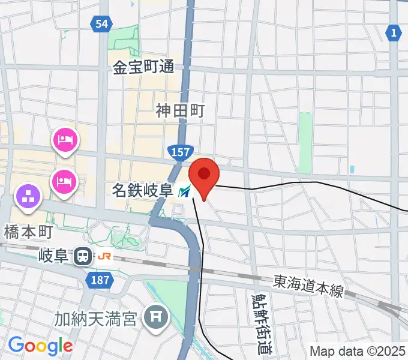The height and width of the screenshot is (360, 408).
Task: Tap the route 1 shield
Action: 393,33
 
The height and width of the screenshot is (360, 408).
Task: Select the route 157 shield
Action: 181,154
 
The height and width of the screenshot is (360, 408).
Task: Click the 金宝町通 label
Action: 143,67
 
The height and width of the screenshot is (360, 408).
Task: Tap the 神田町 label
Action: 181,110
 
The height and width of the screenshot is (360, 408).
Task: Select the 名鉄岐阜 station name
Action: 143,191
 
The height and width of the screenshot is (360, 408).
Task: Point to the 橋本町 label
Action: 28,232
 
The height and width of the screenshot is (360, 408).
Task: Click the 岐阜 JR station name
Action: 55,257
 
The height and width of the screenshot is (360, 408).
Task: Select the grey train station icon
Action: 82,257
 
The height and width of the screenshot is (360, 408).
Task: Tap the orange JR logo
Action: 104,257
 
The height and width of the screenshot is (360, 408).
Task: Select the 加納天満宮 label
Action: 98,317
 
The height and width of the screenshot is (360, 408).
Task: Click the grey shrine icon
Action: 157,316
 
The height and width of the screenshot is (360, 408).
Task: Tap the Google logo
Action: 40,346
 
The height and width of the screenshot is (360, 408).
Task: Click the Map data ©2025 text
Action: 357,351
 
